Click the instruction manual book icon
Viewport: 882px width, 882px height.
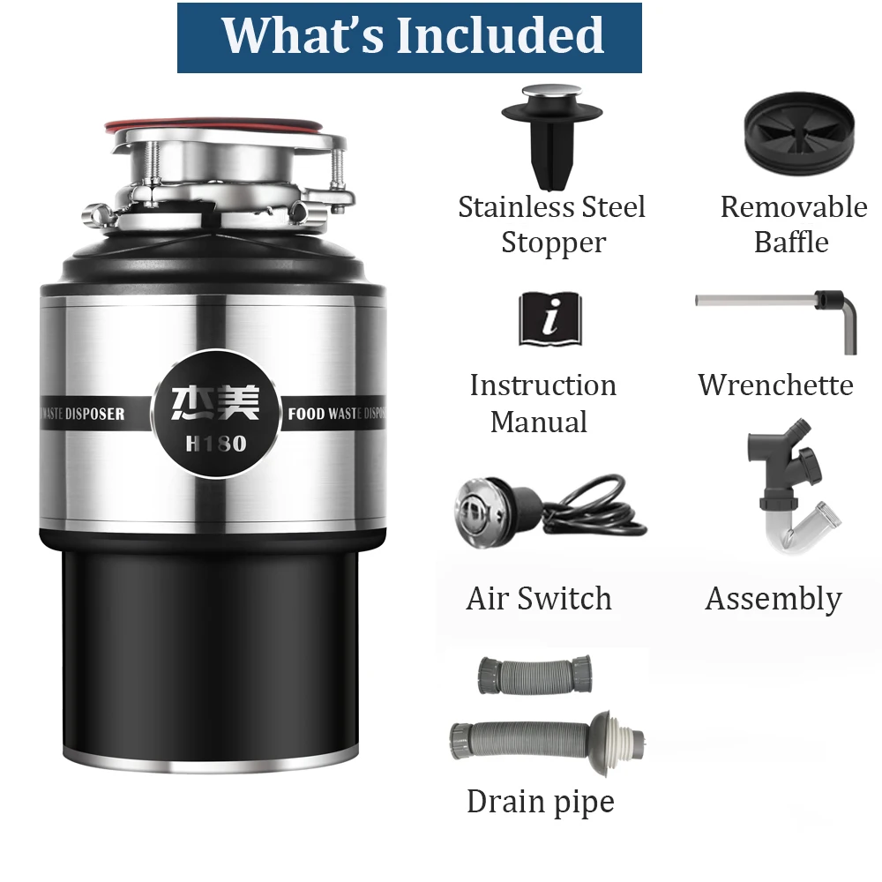pyautogui.click(x=550, y=319)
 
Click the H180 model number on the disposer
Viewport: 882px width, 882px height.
pyautogui.click(x=216, y=445)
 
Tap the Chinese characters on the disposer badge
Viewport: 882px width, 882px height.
pyautogui.click(x=216, y=403)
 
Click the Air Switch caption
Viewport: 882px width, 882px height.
pyautogui.click(x=539, y=599)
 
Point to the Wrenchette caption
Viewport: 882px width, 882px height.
pyautogui.click(x=775, y=385)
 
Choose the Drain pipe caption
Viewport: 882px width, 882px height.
pyautogui.click(x=540, y=802)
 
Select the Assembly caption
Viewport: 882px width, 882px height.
pyautogui.click(x=774, y=600)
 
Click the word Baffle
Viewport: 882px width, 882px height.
pyautogui.click(x=791, y=243)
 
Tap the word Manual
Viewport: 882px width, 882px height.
pyautogui.click(x=539, y=422)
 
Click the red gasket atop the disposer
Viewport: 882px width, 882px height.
pyautogui.click(x=220, y=125)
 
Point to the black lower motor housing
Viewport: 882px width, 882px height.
pyautogui.click(x=212, y=653)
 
